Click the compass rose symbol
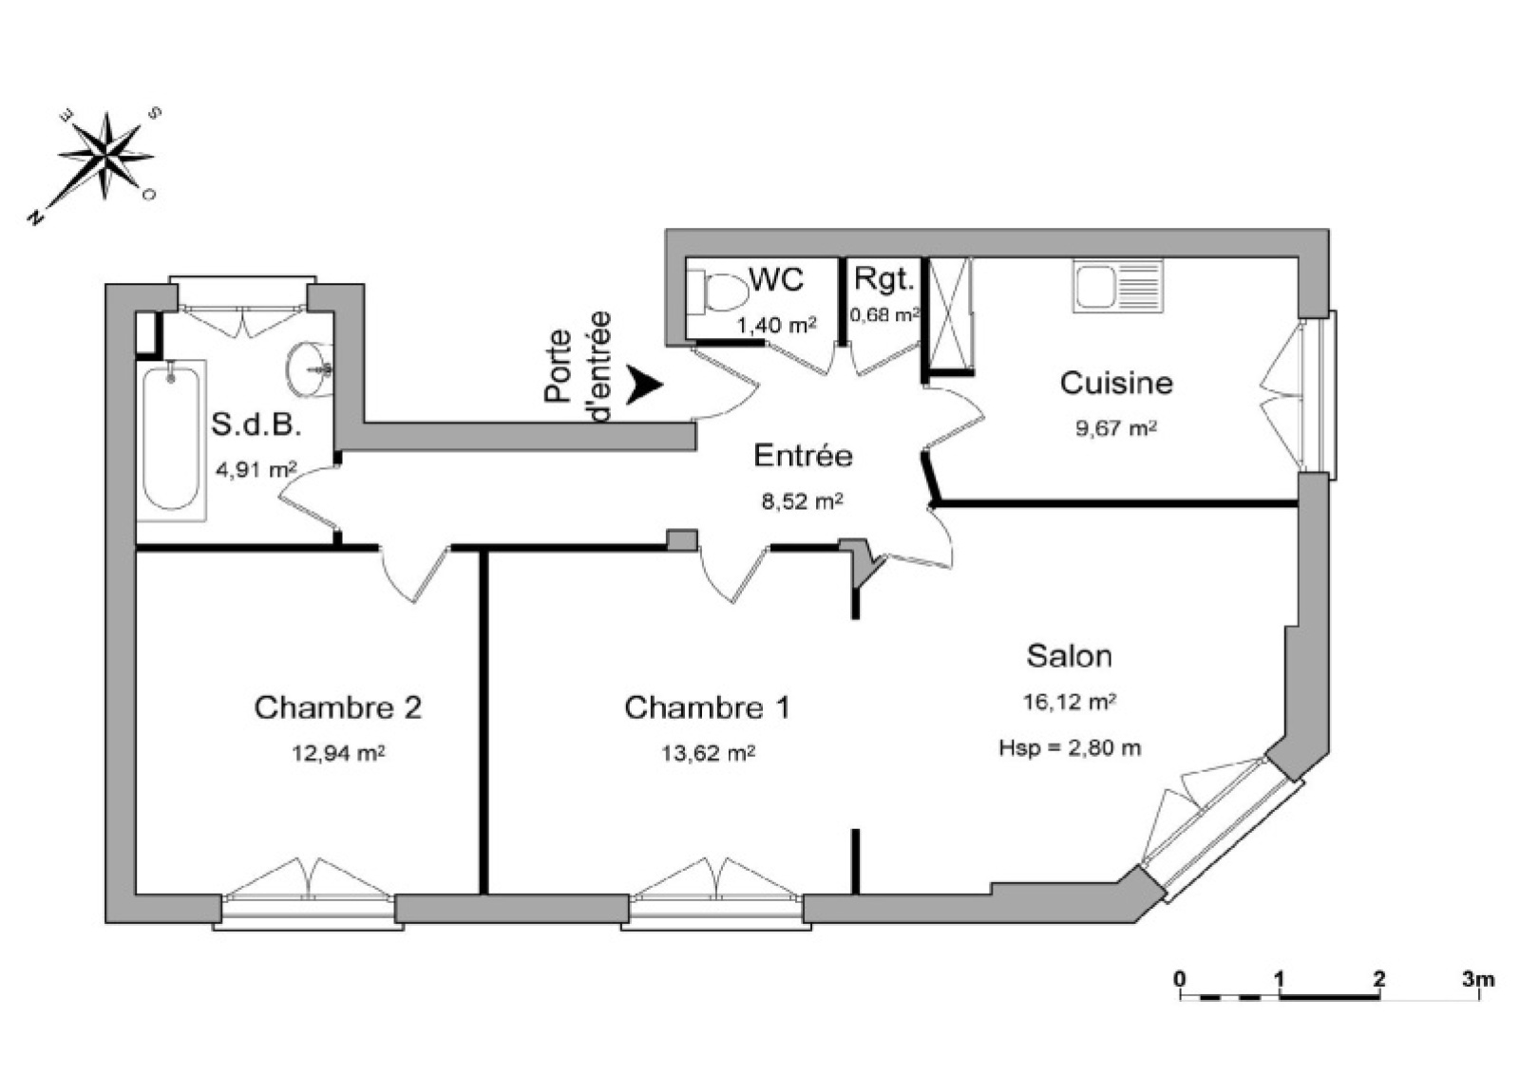point(104,156)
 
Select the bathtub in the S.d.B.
point(171,439)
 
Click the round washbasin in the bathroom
point(309,367)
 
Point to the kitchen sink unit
point(1117,285)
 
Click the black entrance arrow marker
point(647,385)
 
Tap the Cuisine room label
point(1116,384)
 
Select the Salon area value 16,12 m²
point(1069,703)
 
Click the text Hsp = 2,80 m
point(1070,748)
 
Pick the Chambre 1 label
point(707,708)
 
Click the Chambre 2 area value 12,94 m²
point(338,754)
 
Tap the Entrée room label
point(803,456)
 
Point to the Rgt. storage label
point(884,279)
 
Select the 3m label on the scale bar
point(1477,979)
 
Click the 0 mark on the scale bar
point(1179,979)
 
